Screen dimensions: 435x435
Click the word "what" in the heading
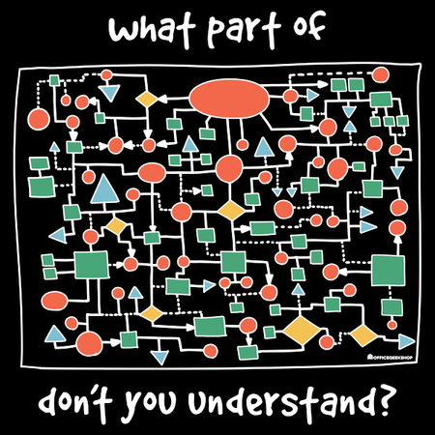click(152, 30)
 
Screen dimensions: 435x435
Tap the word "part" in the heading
click(244, 31)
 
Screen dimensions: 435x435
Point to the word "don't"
click(75, 402)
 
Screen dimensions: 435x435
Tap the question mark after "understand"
click(385, 400)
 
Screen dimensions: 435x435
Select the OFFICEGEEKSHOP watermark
click(390, 357)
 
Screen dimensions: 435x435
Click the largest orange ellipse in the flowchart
click(229, 99)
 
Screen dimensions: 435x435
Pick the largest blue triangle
click(104, 189)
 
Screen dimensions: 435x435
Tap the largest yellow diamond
click(302, 331)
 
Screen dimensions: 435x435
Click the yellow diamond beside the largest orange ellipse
click(147, 99)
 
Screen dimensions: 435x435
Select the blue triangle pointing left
click(58, 236)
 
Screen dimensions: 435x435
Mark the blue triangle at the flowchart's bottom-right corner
click(406, 341)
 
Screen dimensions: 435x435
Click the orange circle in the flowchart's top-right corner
click(381, 74)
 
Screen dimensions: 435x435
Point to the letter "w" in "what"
click(123, 32)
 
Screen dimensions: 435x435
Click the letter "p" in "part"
click(215, 34)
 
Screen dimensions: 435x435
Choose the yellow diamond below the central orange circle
click(231, 210)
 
